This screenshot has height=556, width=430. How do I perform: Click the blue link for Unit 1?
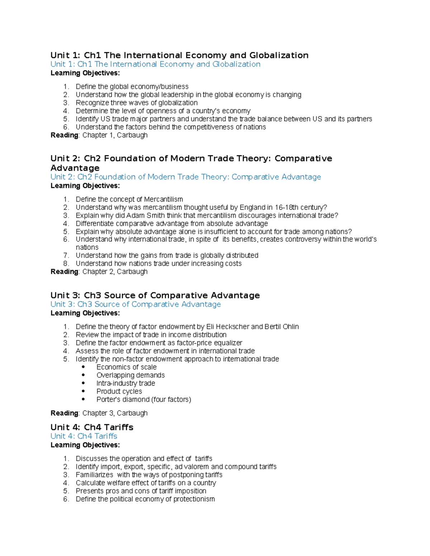pyautogui.click(x=155, y=64)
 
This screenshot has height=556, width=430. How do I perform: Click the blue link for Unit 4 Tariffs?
pyautogui.click(x=84, y=436)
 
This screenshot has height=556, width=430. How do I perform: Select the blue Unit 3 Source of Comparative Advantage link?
pyautogui.click(x=135, y=304)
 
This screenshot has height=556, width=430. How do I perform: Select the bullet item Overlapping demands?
pyautogui.click(x=130, y=375)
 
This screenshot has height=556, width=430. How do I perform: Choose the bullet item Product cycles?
pyautogui.click(x=119, y=391)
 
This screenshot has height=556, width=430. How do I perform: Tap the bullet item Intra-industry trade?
pyautogui.click(x=125, y=383)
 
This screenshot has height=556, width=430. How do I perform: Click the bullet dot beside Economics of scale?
pyautogui.click(x=83, y=367)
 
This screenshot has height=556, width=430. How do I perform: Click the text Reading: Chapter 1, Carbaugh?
pyautogui.click(x=99, y=135)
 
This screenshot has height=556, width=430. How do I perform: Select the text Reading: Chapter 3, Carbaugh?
pyautogui.click(x=99, y=413)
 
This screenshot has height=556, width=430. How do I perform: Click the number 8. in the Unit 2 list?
pyautogui.click(x=66, y=264)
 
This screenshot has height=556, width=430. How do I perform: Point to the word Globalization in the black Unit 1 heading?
pyautogui.click(x=279, y=55)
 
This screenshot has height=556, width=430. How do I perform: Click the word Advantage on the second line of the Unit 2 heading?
pyautogui.click(x=75, y=168)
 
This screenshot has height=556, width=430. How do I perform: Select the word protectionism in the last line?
pyautogui.click(x=194, y=499)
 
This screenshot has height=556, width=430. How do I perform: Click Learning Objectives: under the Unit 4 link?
pyautogui.click(x=85, y=445)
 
